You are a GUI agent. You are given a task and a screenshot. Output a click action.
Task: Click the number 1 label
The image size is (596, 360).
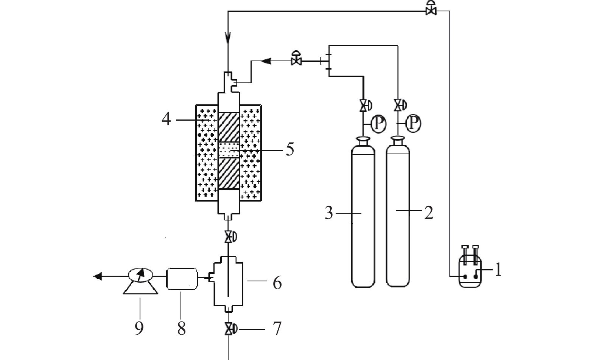coord(498,270)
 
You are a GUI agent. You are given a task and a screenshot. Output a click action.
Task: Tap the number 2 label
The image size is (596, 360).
coord(429,213)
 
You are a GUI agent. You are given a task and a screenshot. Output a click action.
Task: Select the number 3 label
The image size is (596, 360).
coord(329,213)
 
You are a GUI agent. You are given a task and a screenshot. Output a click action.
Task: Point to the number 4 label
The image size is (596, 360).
coord(166,119)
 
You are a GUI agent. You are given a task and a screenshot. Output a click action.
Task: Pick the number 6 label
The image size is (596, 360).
coord(277,282)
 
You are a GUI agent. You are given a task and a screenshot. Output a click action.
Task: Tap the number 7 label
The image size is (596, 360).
coord(277,329)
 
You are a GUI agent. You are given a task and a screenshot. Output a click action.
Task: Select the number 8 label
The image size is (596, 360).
coord(182,329)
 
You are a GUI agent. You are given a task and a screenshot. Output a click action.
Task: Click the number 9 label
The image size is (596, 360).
coord(139,328)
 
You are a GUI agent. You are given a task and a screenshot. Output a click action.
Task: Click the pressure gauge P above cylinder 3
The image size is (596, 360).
coord(378,124)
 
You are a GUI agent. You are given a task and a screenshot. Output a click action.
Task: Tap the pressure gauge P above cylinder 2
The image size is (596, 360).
coord(413,123)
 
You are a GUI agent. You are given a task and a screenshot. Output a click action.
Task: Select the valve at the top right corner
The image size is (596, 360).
coord(431,8)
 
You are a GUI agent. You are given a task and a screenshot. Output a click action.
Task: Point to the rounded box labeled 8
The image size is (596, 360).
coord(182,279)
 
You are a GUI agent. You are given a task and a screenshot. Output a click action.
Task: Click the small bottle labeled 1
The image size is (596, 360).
coord(470,267)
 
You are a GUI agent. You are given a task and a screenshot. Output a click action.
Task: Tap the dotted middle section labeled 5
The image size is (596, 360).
coord(229,150)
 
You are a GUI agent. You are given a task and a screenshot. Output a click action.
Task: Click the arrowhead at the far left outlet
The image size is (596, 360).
coord(97,276)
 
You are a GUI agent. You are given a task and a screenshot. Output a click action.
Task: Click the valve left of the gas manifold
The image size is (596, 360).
coord(296,58)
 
